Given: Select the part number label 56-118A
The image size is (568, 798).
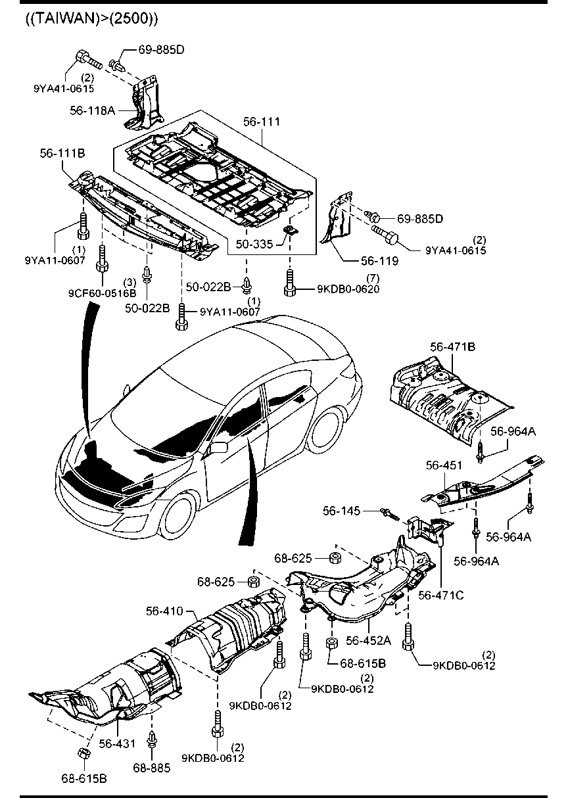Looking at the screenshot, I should pyautogui.click(x=92, y=110).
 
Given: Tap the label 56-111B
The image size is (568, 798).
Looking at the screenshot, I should pyautogui.click(x=61, y=153).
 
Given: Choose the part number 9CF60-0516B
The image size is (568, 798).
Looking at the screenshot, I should pyautogui.click(x=102, y=293).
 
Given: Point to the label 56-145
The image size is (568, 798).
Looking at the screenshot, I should pyautogui.click(x=341, y=511).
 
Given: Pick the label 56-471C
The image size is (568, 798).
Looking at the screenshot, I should pyautogui.click(x=441, y=595).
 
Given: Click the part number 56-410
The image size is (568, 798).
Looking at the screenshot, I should pyautogui.click(x=164, y=611).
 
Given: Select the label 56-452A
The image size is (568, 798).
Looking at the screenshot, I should pyautogui.click(x=369, y=640).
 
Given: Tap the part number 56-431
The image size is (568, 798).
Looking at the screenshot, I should pyautogui.click(x=117, y=743).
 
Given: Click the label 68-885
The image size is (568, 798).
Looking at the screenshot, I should pyautogui.click(x=152, y=767).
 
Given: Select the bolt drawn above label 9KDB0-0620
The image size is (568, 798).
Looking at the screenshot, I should pyautogui.click(x=290, y=282).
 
